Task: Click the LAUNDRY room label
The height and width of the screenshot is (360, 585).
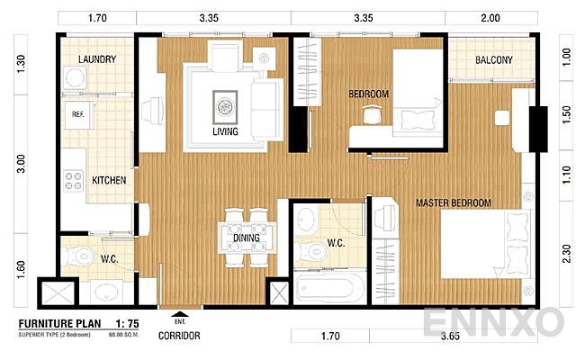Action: coord(96,60)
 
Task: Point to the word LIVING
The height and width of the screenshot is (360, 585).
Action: coord(225,132)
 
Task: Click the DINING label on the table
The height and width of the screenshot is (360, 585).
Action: coord(246,238)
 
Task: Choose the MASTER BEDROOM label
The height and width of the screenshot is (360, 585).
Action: coord(453,203)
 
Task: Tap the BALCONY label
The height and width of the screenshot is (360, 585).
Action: coord(494,61)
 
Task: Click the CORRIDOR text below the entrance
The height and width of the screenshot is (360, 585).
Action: coord(179,337)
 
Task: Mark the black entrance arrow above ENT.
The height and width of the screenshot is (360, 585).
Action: coord(175,313)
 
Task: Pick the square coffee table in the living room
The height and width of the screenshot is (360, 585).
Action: coord(225,105)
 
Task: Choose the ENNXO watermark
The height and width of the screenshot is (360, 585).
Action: coord(493,321)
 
